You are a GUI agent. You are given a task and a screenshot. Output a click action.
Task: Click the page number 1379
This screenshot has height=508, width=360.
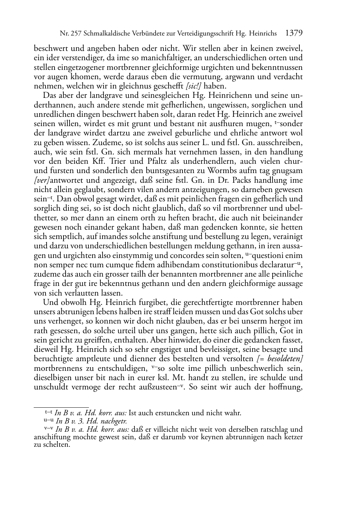tap(294, 33)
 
